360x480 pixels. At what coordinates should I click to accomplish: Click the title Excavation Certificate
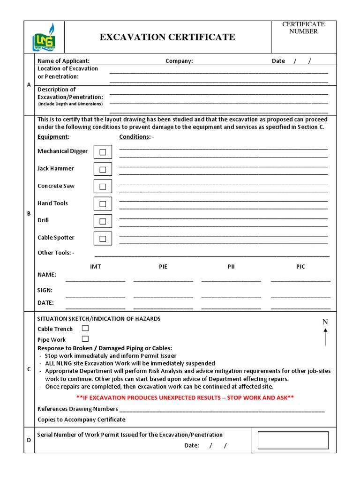pos(167,37)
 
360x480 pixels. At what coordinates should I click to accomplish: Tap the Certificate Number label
pos(303,28)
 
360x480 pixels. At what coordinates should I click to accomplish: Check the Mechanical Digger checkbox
pos(103,152)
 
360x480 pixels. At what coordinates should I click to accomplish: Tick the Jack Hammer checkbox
pos(103,169)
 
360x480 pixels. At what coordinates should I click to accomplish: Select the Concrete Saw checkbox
pos(103,187)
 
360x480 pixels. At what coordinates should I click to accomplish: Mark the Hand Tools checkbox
pos(103,204)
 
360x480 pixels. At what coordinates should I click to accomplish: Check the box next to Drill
pos(103,221)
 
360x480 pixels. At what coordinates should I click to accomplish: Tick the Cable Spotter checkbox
pos(103,239)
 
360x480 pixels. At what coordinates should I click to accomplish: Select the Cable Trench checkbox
pos(85,328)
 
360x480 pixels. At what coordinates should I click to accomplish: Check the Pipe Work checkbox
pos(85,339)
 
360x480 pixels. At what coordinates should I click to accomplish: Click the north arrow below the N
pos(325,337)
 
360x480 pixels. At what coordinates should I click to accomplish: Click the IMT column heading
pos(95,266)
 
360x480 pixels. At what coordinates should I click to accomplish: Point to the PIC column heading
pos(300,266)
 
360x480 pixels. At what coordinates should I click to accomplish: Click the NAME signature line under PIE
pos(163,280)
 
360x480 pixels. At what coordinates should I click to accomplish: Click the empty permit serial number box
pos(293,440)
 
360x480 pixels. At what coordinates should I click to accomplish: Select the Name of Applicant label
pos(63,61)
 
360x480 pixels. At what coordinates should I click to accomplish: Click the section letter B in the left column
pos(29,213)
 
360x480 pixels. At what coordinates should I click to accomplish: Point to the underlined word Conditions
pos(135,137)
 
